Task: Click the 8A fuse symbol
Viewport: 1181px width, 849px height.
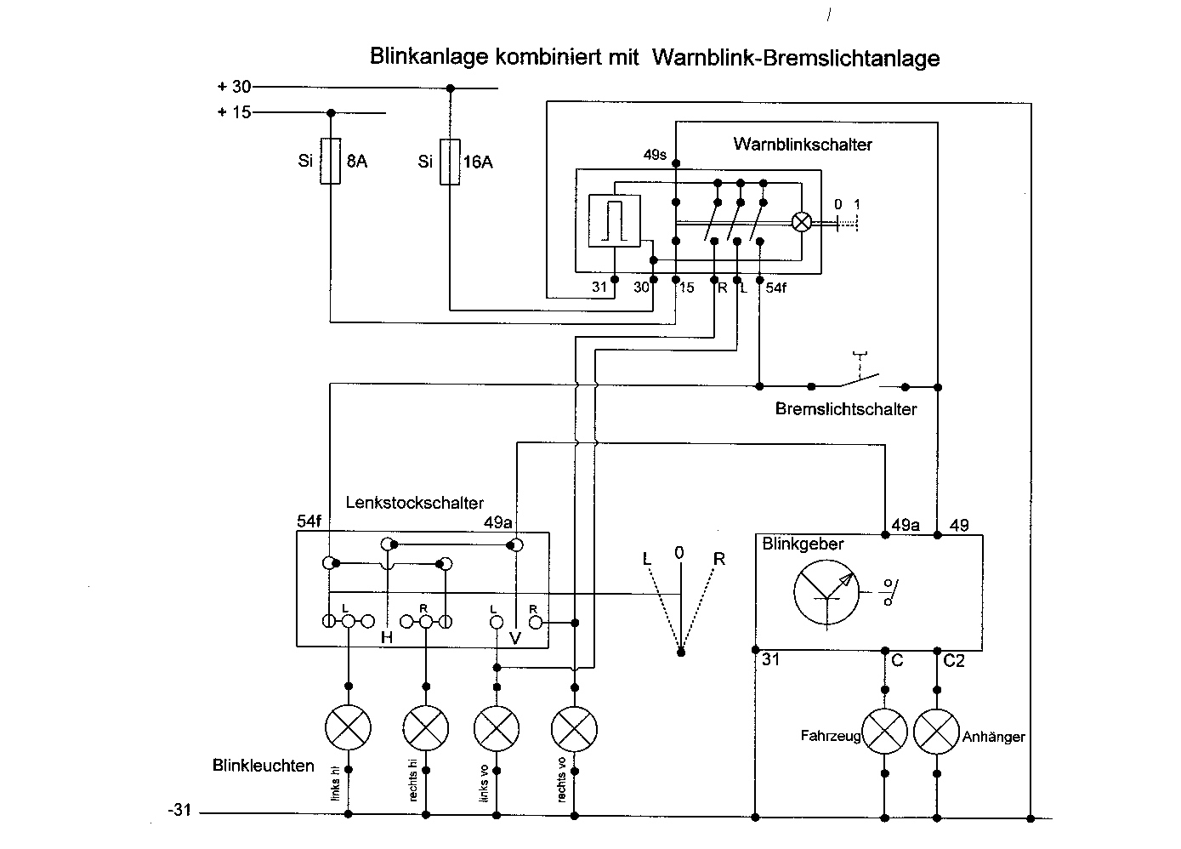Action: (x=331, y=161)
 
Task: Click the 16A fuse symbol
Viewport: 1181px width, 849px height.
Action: (x=450, y=161)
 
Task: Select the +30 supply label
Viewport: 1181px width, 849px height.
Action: (x=234, y=87)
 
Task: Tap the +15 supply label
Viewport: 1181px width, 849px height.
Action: (x=234, y=112)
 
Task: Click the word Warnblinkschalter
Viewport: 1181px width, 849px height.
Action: (x=802, y=145)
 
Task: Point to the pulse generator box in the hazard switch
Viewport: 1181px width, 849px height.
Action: (x=613, y=220)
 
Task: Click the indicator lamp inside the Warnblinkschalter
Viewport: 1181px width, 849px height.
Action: (x=802, y=221)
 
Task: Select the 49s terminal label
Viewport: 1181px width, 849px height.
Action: (x=655, y=155)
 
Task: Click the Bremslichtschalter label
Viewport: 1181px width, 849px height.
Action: (x=845, y=409)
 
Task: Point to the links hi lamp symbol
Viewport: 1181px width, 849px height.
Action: (x=349, y=728)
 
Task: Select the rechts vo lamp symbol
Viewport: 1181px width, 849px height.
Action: (x=575, y=728)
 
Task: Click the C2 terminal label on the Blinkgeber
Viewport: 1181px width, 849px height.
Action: (x=954, y=660)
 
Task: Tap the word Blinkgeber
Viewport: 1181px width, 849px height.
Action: (x=803, y=544)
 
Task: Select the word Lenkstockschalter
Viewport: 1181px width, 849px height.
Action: (x=414, y=502)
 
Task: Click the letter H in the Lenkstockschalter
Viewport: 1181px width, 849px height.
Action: (x=387, y=637)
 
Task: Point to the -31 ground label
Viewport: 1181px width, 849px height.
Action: (x=179, y=811)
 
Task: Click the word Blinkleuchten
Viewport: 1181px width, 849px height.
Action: (x=263, y=766)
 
